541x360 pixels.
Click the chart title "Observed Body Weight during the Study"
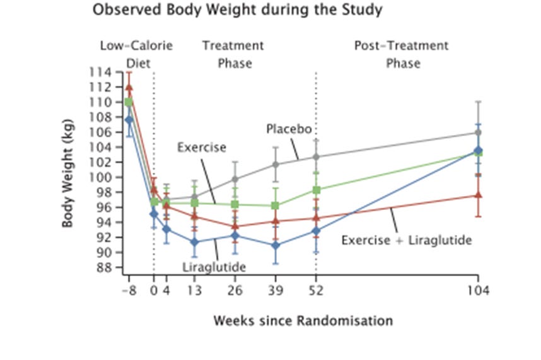pos(236,11)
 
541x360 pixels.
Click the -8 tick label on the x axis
pos(129,291)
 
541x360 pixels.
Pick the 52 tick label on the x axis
pos(316,291)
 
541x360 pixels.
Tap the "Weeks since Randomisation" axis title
pos(303,320)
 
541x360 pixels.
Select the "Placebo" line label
pos(288,129)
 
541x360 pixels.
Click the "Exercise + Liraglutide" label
pos(407,240)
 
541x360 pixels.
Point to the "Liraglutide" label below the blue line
pos(214,267)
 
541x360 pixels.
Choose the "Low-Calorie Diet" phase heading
pos(136,54)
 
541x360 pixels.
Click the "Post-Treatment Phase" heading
pos(402,54)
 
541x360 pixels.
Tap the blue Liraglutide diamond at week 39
pos(276,245)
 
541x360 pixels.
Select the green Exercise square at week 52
pos(317,190)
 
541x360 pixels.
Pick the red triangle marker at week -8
pos(129,88)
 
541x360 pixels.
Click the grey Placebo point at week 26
pos(235,179)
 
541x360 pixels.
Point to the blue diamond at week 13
pos(194,242)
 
